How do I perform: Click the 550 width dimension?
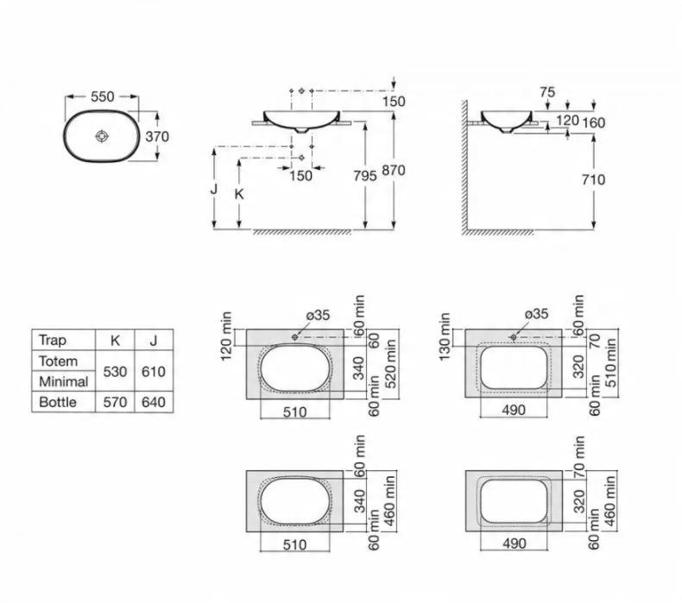(102, 97)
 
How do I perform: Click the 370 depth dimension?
(157, 136)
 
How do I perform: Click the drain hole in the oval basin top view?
(102, 136)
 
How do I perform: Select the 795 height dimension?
(365, 176)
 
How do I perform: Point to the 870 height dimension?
(394, 170)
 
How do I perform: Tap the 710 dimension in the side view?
(593, 179)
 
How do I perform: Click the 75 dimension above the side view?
(547, 92)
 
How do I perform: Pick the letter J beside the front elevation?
(213, 190)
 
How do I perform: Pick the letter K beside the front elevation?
(239, 194)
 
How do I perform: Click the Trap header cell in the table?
(52, 340)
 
